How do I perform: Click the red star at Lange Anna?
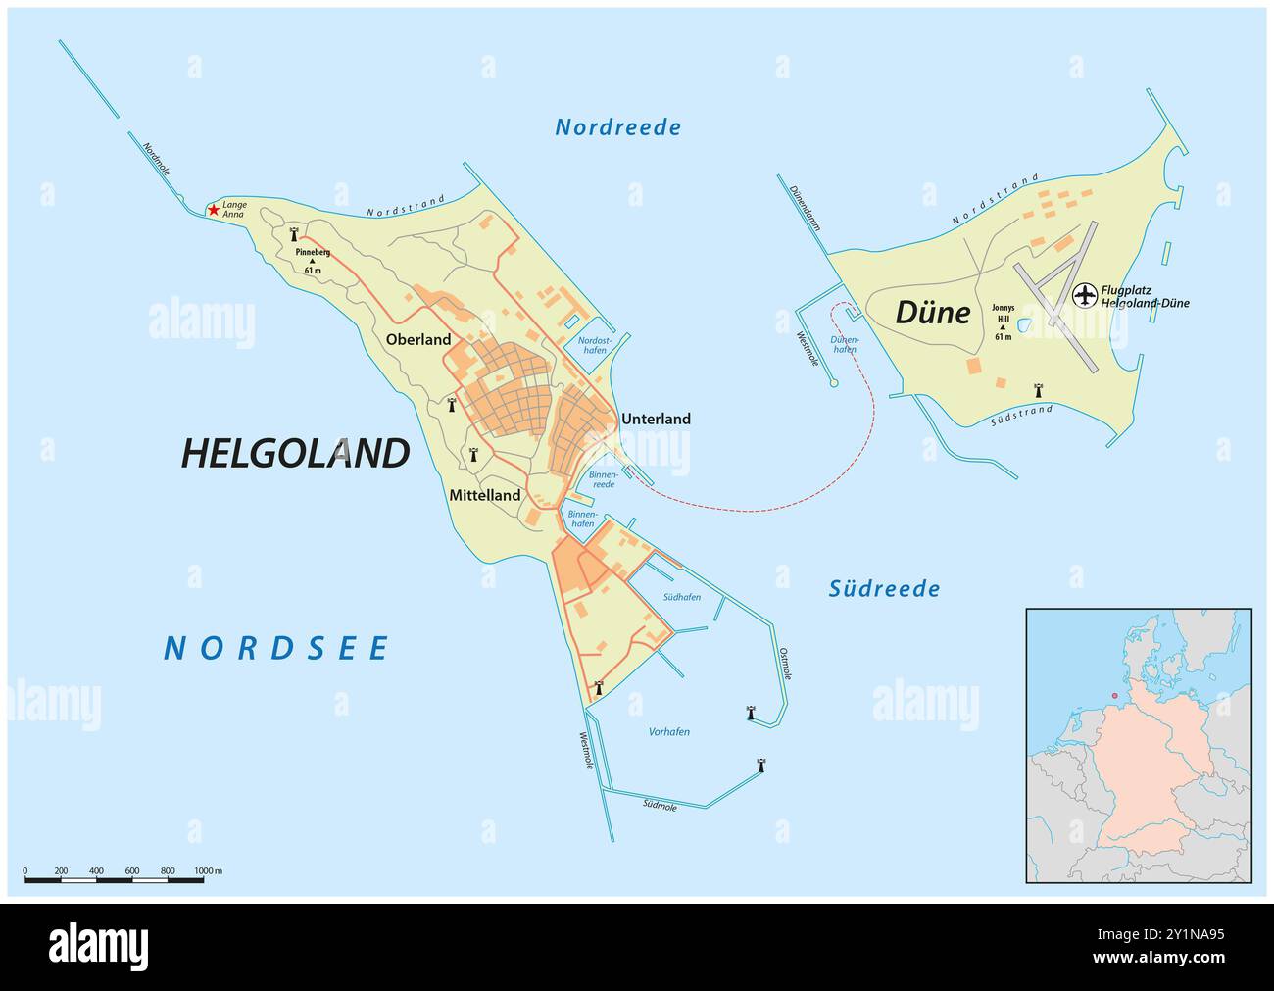pyautogui.click(x=213, y=210)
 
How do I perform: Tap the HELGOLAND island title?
pyautogui.click(x=295, y=453)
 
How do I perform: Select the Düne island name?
pyautogui.click(x=933, y=313)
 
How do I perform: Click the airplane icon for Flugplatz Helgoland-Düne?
pyautogui.click(x=1085, y=294)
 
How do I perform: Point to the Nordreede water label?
pyautogui.click(x=617, y=127)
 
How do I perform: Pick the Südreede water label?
pyautogui.click(x=884, y=589)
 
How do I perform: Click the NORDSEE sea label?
pyautogui.click(x=276, y=648)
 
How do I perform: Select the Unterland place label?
pyautogui.click(x=656, y=419)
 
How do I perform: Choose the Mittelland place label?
pyautogui.click(x=484, y=496)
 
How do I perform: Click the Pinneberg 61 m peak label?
pyautogui.click(x=313, y=260)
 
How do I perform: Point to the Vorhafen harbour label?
pyautogui.click(x=669, y=732)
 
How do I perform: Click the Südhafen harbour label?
pyautogui.click(x=681, y=597)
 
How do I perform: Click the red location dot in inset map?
pyautogui.click(x=1113, y=697)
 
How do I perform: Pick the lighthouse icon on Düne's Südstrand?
pyautogui.click(x=1038, y=390)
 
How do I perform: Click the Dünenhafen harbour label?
pyautogui.click(x=844, y=344)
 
